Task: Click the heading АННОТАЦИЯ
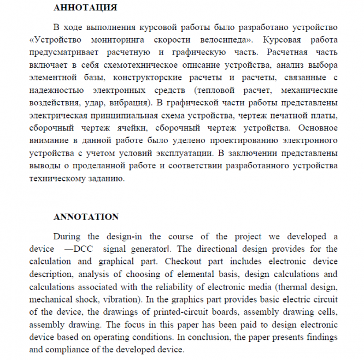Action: click(x=85, y=8)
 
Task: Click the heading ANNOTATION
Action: click(x=86, y=217)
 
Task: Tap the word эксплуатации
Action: click(x=183, y=152)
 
